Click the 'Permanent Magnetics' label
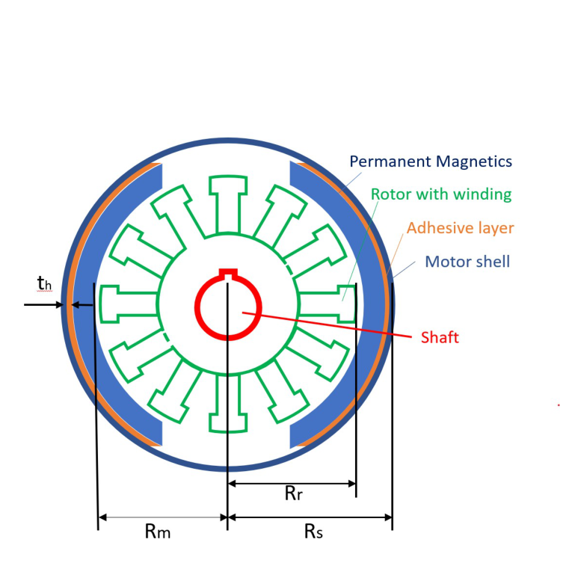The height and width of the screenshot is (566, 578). click(431, 162)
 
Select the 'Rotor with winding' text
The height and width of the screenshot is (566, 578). click(441, 194)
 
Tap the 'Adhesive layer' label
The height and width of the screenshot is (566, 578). click(460, 227)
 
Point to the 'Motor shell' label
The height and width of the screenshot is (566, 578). click(467, 262)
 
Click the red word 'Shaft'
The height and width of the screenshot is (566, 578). click(440, 337)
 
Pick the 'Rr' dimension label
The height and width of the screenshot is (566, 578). click(293, 494)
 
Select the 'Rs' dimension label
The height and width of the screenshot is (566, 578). click(313, 532)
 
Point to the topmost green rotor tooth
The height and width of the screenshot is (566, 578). click(227, 202)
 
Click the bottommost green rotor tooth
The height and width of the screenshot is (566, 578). click(227, 407)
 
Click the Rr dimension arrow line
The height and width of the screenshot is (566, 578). click(292, 484)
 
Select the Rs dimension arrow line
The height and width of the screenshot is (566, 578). click(310, 517)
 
